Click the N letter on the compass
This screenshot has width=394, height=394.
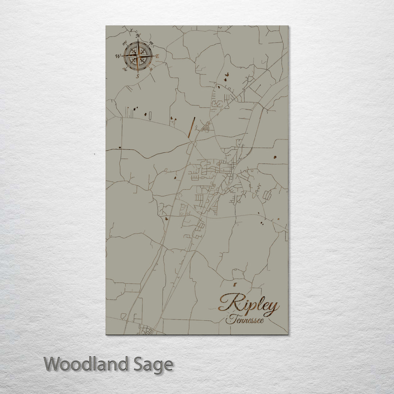click(138, 36)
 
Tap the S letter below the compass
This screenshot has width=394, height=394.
click(138, 76)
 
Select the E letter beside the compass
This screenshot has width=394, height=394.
click(157, 56)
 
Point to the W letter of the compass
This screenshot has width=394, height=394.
click(118, 56)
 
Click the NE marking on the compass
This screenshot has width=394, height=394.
click(151, 44)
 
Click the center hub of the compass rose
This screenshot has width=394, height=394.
click(138, 56)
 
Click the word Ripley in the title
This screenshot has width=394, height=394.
click(249, 304)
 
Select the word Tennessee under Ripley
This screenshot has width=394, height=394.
click(244, 320)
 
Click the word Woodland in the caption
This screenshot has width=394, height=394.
click(86, 364)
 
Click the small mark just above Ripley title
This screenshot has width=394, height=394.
click(235, 284)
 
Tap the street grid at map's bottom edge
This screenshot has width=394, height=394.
click(148, 331)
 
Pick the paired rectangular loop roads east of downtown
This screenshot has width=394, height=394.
click(267, 195)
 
